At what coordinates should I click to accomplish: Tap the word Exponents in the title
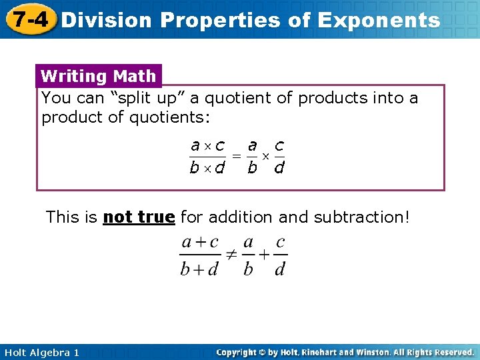pos(379,20)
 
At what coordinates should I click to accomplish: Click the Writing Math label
pos(98,76)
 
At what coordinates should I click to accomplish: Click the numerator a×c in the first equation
pos(207,145)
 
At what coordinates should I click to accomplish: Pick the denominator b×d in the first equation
pos(207,168)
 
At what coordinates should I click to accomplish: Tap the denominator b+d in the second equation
pos(201,269)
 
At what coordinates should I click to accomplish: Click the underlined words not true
pos(139,217)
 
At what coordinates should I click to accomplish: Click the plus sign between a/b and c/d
pos(264,255)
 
